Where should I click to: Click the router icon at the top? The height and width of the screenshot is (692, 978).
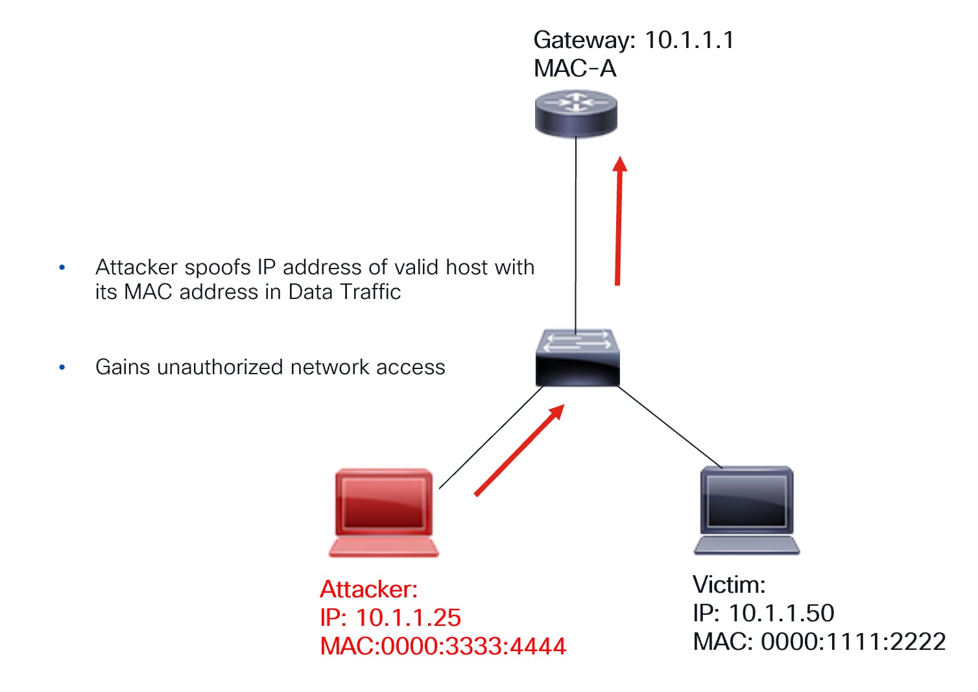click(x=575, y=113)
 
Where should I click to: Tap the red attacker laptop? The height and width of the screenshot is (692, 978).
click(x=383, y=512)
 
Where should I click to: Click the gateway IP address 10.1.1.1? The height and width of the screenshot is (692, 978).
click(x=689, y=40)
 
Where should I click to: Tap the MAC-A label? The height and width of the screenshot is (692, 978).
click(x=575, y=69)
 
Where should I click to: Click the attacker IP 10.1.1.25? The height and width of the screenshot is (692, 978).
click(x=408, y=617)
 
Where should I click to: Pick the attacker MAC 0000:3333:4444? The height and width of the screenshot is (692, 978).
click(x=473, y=646)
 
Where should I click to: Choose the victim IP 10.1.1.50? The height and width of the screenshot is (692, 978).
click(x=781, y=613)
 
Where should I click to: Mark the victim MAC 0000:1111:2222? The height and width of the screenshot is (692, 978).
click(x=853, y=641)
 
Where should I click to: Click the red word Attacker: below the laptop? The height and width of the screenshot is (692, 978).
click(x=368, y=589)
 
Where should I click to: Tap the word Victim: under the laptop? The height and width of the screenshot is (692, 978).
click(x=729, y=584)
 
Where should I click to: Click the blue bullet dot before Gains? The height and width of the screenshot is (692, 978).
click(x=62, y=367)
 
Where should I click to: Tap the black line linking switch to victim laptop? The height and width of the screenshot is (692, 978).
click(x=670, y=427)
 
